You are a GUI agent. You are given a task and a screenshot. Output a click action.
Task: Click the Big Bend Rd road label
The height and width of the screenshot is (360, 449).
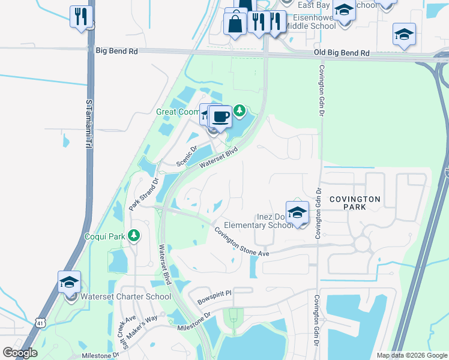(116, 52)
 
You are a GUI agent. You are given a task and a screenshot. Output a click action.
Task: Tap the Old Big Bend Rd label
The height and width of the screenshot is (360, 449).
(342, 53)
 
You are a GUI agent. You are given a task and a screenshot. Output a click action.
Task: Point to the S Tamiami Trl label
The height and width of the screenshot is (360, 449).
(88, 123)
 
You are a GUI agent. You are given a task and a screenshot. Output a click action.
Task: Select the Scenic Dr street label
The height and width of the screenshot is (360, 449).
(186, 156)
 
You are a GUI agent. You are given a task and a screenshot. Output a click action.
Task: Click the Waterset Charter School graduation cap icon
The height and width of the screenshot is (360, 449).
(70, 282)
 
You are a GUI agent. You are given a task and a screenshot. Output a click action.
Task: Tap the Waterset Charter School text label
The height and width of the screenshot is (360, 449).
(118, 296)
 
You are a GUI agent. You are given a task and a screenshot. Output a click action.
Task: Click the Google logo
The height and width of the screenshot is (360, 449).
(20, 353)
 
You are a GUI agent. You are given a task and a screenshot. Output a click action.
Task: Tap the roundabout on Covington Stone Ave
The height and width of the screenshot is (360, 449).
(362, 244)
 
